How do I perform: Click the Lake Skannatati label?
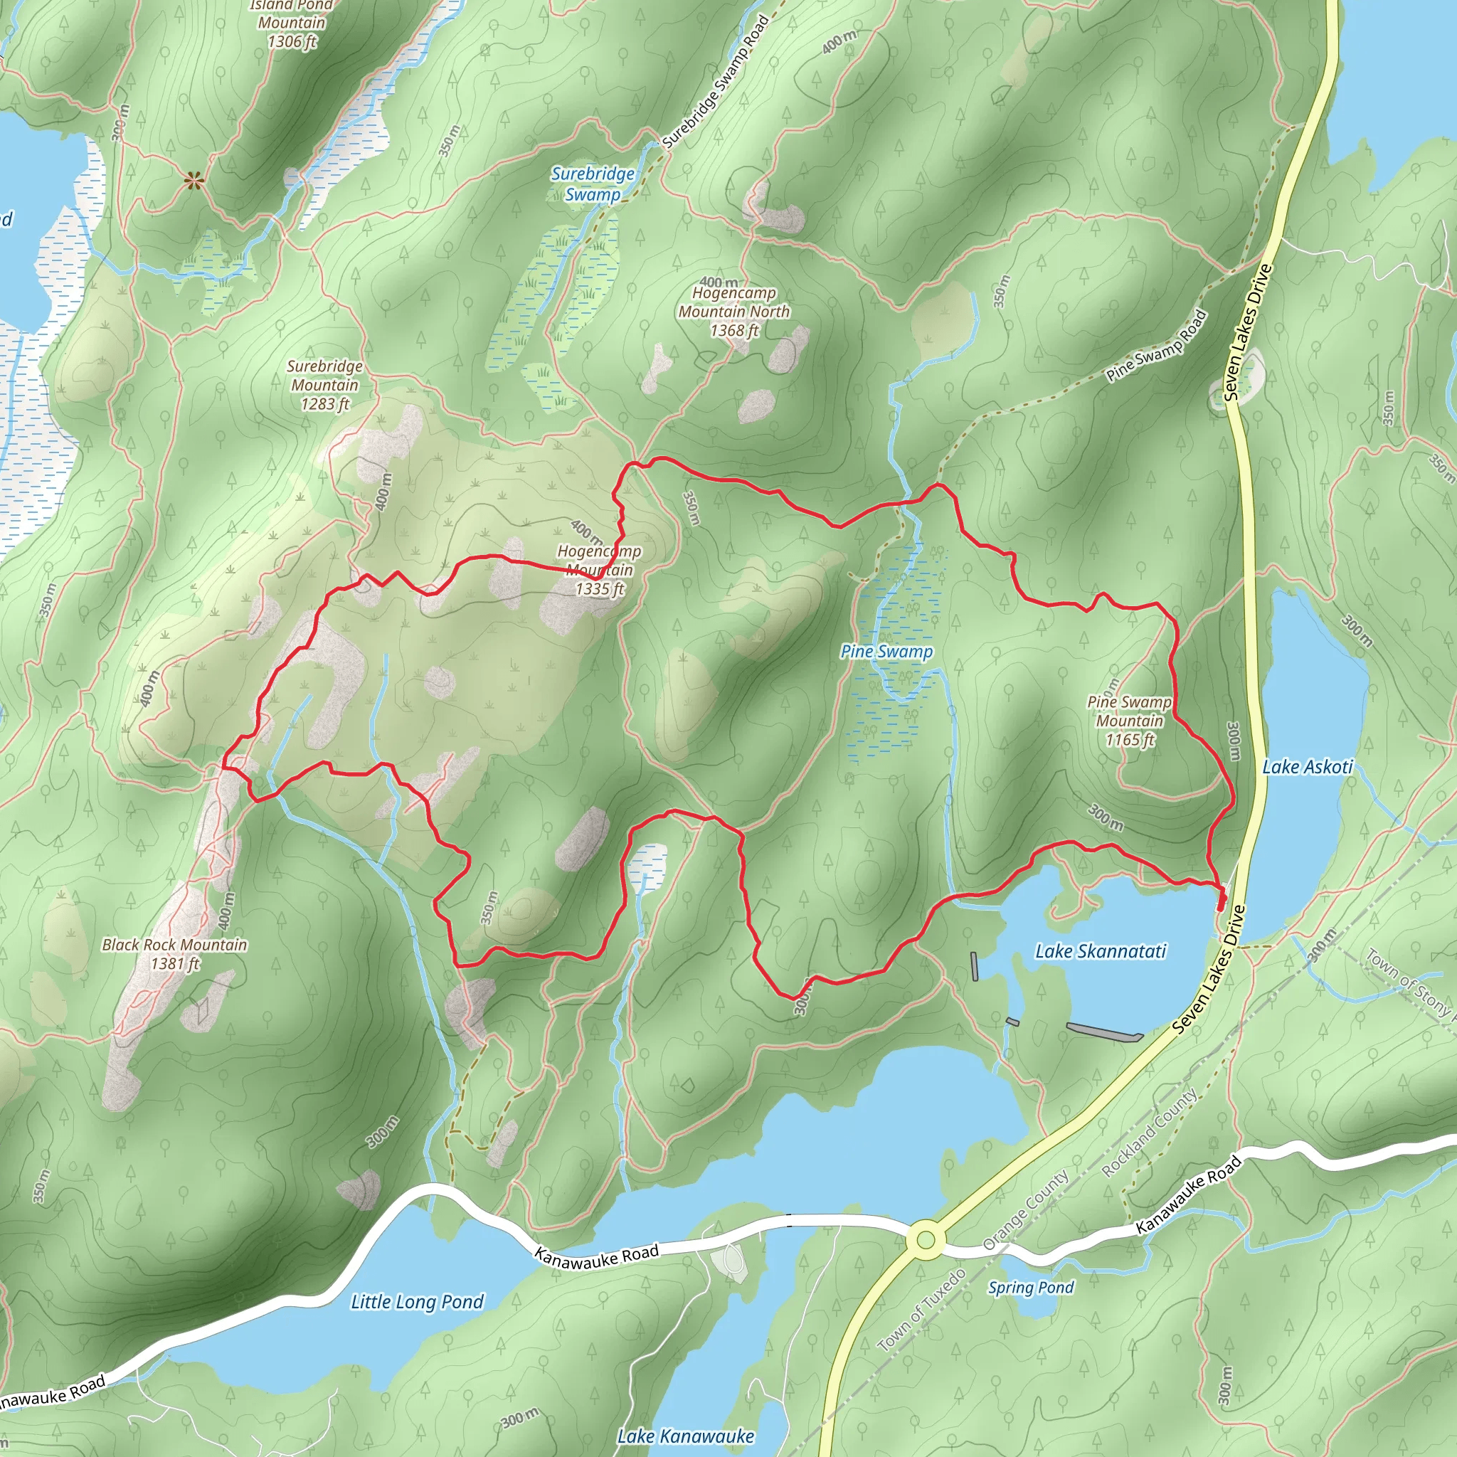(x=1101, y=951)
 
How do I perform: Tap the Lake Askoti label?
(x=1307, y=767)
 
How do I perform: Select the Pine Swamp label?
(x=886, y=652)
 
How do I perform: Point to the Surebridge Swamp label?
(x=593, y=184)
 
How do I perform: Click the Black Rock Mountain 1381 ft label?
(x=174, y=954)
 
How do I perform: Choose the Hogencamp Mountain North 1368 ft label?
(x=733, y=312)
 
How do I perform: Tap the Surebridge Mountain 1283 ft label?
(x=325, y=385)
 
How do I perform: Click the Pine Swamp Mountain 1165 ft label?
(x=1129, y=721)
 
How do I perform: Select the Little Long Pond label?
(x=417, y=1302)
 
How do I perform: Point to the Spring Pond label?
(x=1031, y=1287)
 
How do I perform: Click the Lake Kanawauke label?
(x=685, y=1436)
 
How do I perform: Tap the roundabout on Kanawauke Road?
(x=926, y=1240)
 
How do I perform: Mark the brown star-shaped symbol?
(x=194, y=179)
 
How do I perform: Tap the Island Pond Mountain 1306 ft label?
(x=292, y=24)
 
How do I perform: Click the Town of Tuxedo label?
(x=921, y=1310)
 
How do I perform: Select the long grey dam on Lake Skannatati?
(x=1104, y=1031)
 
